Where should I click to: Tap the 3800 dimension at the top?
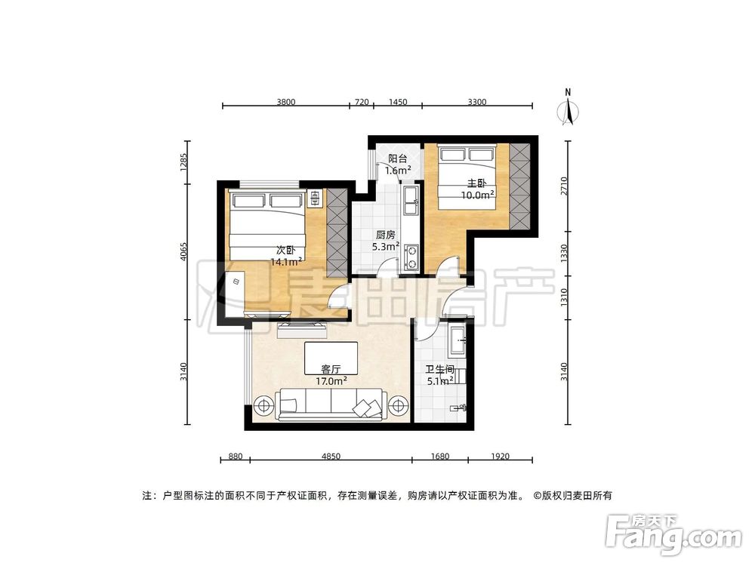click(285, 101)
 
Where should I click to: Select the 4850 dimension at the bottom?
click(331, 456)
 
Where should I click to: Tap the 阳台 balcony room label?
click(398, 159)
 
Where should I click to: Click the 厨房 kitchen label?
click(386, 235)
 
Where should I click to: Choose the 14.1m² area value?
click(288, 262)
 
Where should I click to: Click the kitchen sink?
click(412, 200)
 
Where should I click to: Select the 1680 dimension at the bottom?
click(439, 456)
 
